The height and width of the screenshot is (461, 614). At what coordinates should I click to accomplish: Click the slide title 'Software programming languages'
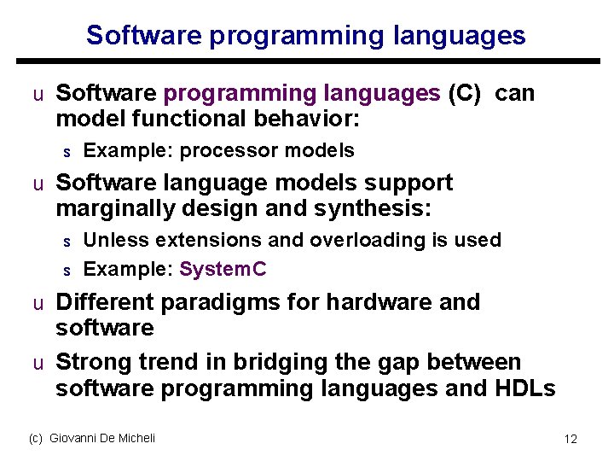[x=305, y=35]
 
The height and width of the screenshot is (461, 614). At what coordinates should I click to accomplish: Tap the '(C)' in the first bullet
[x=465, y=93]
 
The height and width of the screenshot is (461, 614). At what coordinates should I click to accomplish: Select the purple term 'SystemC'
[x=223, y=270]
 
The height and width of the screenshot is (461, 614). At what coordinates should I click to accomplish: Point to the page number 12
[x=571, y=439]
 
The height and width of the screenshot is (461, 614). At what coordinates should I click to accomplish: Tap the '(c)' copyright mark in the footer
[x=36, y=438]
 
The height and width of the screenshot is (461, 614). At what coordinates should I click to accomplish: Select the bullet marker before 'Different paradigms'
[x=38, y=303]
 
